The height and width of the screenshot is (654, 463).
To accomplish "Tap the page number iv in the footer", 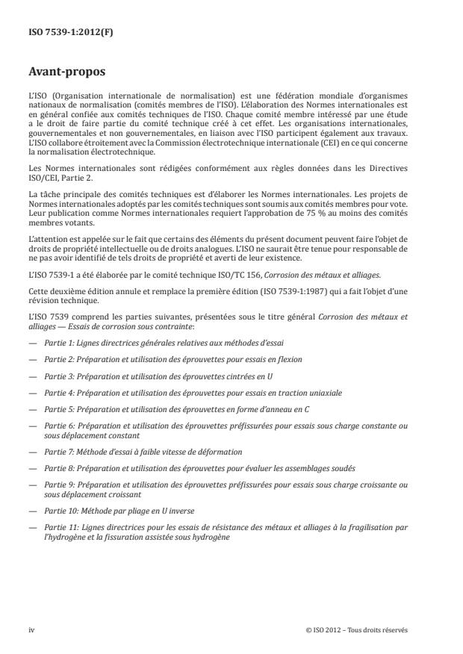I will click(x=31, y=629).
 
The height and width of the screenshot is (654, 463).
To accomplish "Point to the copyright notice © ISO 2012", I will click(x=357, y=629).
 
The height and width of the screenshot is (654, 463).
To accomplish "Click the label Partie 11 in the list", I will click(x=60, y=527).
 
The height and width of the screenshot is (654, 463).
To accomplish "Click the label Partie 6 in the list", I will click(x=58, y=426).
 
